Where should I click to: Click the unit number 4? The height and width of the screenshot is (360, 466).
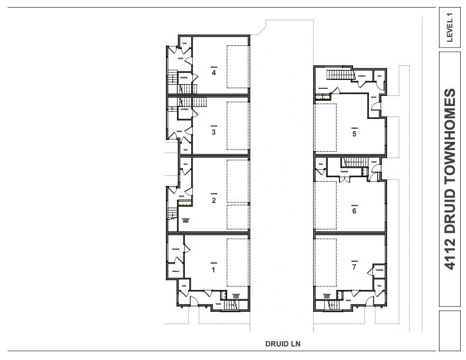click(214, 73)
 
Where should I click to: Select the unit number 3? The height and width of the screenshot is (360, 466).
click(214, 132)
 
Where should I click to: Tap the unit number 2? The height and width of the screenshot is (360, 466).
click(214, 200)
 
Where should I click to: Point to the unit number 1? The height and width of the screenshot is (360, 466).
click(213, 269)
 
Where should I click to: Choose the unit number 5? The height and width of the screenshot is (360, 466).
click(354, 134)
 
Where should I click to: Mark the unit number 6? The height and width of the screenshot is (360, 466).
click(354, 211)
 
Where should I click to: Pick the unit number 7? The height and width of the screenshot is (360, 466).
click(354, 267)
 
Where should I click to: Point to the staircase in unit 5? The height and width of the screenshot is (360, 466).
click(338, 75)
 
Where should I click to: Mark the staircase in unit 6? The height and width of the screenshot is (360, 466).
click(354, 162)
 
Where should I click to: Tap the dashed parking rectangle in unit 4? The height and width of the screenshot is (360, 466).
click(238, 66)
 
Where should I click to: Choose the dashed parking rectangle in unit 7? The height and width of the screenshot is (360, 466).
click(325, 262)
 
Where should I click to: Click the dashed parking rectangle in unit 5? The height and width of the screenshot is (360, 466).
click(325, 128)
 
